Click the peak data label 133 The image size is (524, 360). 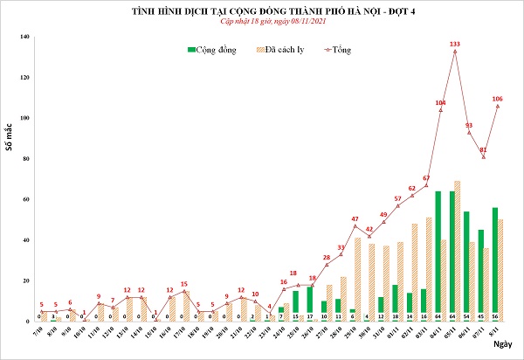click(454, 44)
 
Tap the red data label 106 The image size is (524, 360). click(497, 99)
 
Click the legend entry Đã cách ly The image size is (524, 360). click(286, 51)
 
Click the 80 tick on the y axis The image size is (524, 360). click(25, 158)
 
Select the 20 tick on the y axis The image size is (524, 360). click(25, 280)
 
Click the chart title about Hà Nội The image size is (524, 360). click(262, 10)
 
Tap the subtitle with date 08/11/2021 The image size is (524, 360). click(262, 23)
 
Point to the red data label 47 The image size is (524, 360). click(355, 218)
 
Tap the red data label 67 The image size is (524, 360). click(426, 177)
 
